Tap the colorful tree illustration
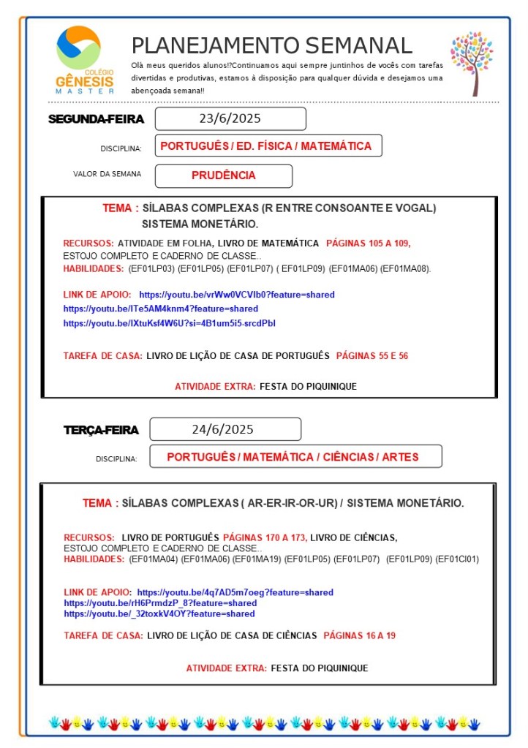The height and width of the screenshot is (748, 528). point(472,63)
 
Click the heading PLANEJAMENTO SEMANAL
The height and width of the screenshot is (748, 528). point(272,45)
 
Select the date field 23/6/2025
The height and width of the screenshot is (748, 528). point(230,118)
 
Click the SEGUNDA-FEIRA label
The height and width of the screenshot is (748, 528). point(96,119)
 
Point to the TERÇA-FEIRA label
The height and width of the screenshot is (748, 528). point(101,431)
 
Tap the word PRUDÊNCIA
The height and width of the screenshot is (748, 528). point(224,175)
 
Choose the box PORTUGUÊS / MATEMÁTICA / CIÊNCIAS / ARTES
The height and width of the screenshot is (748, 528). point(293,457)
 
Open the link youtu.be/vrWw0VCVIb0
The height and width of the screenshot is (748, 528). point(237,295)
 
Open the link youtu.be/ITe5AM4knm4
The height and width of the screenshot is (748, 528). point(161,309)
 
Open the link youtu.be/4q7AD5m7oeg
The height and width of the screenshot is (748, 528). point(235,592)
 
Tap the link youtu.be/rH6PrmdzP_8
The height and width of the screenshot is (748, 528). point(160,603)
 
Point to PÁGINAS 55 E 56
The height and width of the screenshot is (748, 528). point(372,356)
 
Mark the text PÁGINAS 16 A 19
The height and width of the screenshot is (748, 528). point(359,635)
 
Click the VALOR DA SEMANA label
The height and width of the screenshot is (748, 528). point(108,174)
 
